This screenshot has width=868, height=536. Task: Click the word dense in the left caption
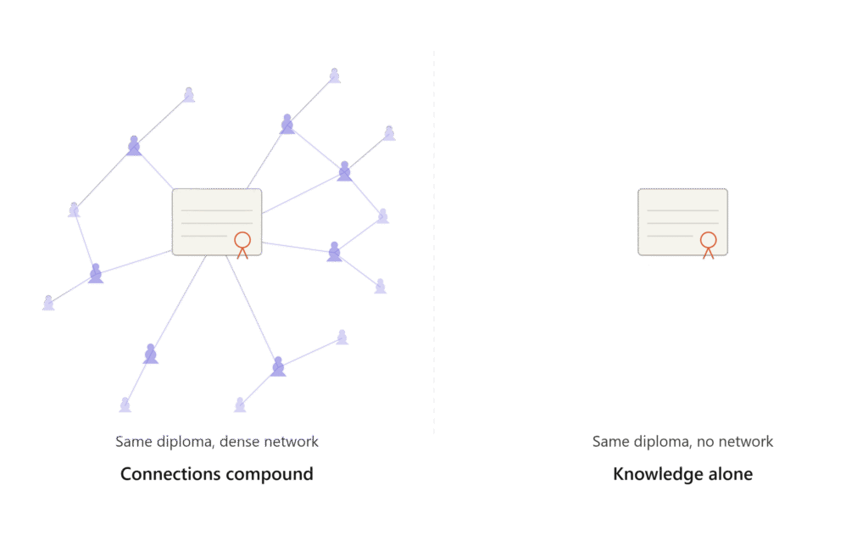240,441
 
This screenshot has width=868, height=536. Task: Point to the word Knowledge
649,475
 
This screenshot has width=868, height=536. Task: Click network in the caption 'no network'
745,441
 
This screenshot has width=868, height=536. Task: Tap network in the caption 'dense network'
292,441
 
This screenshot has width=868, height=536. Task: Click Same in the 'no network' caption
611,441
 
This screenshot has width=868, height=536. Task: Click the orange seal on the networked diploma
242,240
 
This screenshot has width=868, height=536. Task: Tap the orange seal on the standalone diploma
709,240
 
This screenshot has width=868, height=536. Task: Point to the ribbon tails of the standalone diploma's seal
708,254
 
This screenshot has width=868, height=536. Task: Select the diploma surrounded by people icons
217,222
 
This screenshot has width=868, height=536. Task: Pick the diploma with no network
683,222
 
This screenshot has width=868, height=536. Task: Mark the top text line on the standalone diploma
683,210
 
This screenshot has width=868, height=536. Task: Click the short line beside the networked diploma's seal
204,236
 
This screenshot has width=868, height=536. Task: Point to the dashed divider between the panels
434,241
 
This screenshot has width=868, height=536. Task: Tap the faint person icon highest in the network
334,75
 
